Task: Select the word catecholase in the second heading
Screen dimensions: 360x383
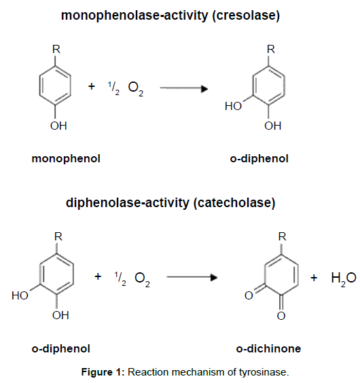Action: point(234,203)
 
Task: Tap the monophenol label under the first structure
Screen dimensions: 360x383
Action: point(66,159)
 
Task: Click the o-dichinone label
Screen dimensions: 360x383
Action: point(268,348)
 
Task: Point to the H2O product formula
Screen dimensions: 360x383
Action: point(344,278)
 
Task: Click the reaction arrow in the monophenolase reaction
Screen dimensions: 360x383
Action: point(184,88)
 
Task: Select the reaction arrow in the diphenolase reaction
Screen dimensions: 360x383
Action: point(192,277)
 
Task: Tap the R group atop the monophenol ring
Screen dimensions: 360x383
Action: point(56,50)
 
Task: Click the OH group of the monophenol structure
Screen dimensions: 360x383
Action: point(58,126)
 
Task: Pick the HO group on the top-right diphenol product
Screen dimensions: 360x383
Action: point(233,106)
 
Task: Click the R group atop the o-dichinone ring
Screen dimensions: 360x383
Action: point(282,236)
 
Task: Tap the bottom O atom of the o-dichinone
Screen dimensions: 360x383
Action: point(281,316)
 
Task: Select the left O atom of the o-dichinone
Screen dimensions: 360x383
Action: point(249,295)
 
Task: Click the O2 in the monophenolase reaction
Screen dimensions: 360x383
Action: point(136,88)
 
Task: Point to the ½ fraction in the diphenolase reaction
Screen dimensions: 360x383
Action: point(120,278)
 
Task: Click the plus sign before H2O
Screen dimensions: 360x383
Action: point(314,278)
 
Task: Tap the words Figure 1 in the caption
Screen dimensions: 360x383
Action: point(103,372)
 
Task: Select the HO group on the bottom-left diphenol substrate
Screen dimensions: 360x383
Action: point(20,295)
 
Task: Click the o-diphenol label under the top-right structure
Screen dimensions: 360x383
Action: point(259,159)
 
